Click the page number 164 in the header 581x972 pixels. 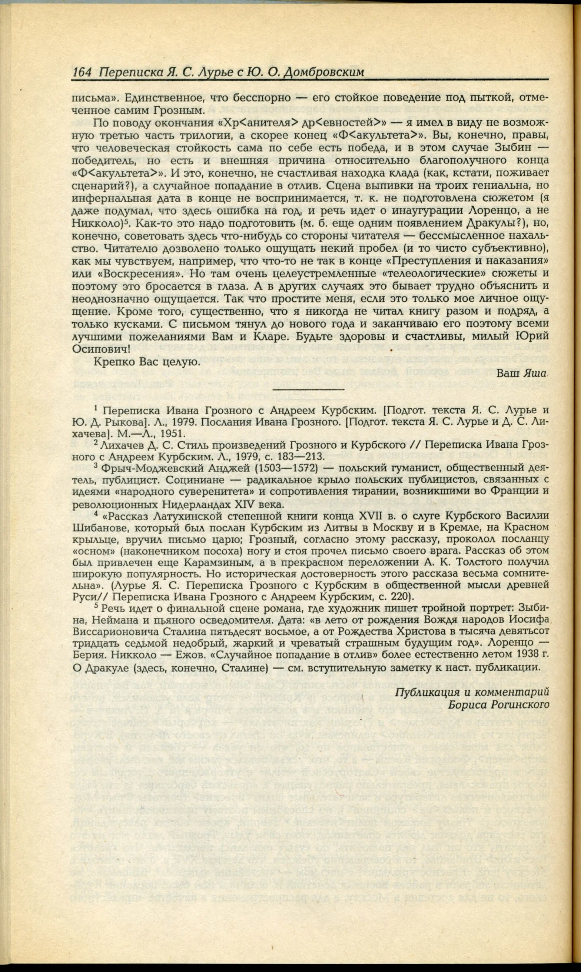[82, 72]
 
